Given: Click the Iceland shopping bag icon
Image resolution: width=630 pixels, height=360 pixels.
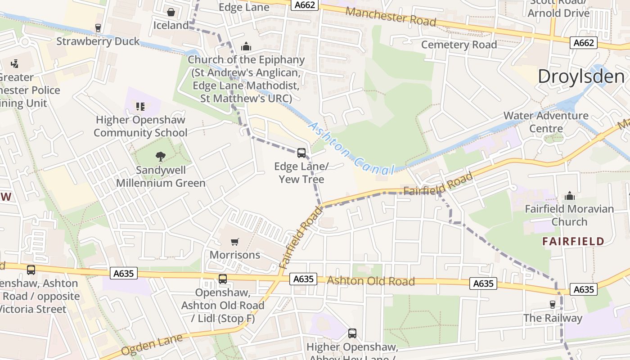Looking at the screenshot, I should (171, 12).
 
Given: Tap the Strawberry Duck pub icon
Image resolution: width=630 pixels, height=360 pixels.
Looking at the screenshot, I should (98, 28).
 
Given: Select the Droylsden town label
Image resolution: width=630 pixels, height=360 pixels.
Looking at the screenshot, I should (581, 76).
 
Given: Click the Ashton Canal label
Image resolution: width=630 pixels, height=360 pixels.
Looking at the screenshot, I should (351, 148).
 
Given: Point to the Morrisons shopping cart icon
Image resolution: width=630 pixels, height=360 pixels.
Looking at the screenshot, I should (234, 242).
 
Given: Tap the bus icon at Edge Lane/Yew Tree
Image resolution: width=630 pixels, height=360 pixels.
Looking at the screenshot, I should (301, 153).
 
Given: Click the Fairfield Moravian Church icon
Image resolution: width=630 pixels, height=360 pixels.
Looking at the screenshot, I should (570, 196).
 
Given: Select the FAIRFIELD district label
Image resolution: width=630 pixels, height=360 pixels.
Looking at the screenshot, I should (573, 241).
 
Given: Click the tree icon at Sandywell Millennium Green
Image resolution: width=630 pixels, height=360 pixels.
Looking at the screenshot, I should (160, 157).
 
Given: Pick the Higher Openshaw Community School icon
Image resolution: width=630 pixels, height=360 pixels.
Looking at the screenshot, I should (140, 107).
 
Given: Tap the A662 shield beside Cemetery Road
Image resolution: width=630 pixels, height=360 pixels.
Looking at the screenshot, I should (584, 43).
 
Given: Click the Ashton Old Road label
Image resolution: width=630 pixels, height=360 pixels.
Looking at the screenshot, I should (370, 281).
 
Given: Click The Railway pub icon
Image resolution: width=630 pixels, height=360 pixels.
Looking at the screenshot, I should (553, 305).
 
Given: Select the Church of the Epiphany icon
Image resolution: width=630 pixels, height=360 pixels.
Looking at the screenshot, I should (246, 46).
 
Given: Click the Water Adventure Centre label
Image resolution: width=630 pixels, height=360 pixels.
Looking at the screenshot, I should (545, 122).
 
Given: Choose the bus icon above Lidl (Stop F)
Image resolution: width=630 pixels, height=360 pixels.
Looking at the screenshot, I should (223, 279).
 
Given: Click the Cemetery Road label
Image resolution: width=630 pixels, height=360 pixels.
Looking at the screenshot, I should (459, 45).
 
